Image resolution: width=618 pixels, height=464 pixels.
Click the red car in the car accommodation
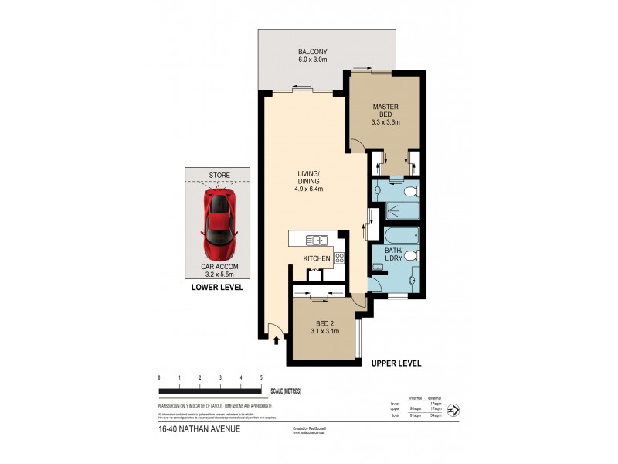[218, 223]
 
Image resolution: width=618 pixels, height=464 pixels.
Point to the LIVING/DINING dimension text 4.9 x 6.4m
[308, 189]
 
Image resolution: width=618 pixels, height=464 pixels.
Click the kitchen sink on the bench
[316, 239]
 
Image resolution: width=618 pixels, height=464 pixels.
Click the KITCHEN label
[317, 258]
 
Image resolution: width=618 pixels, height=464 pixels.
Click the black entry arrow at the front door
[276, 338]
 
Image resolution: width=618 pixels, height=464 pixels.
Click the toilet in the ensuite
[409, 190]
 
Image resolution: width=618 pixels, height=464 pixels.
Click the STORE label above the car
[218, 176]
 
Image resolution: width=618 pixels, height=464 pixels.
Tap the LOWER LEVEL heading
[217, 288]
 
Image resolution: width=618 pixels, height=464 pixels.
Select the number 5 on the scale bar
[262, 377]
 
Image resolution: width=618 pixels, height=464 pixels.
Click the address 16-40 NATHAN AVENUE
[199, 428]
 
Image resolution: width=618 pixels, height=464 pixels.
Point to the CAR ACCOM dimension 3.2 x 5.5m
[217, 274]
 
